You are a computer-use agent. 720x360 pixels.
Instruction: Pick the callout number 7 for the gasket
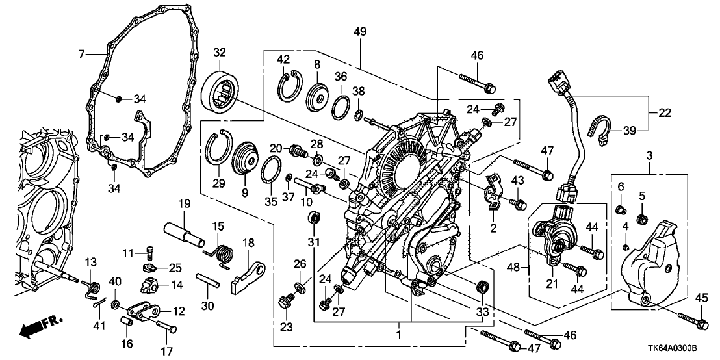(81, 55)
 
